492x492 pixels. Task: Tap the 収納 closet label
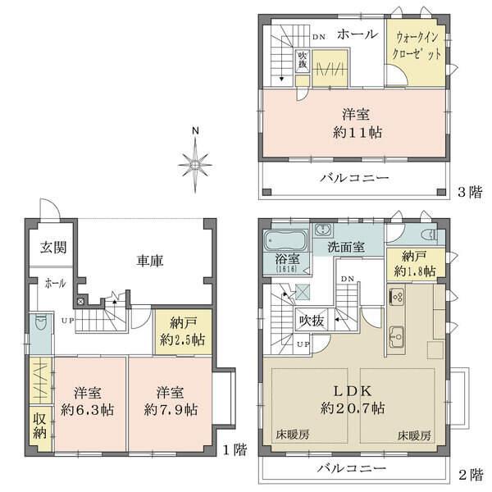39,426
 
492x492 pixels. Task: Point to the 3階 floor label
469,192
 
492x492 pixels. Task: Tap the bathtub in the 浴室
285,243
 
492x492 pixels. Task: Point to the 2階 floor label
469,474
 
